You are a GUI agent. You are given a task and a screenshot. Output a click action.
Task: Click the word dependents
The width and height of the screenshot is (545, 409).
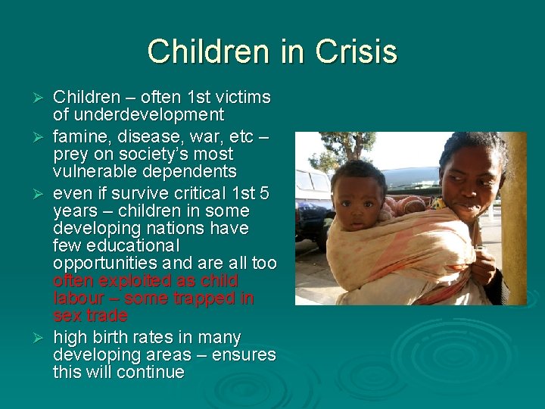point(191,171)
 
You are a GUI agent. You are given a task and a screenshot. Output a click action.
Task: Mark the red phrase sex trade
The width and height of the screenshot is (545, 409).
point(90,315)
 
